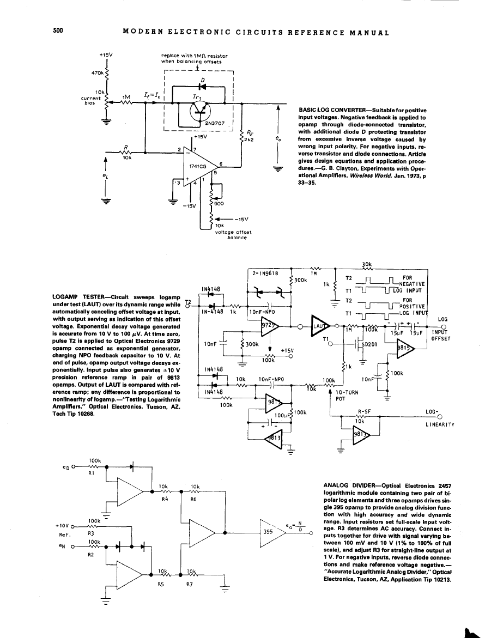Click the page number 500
tap(59, 31)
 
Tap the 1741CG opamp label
tap(197, 166)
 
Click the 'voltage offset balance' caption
tap(233, 235)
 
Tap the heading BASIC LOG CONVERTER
tap(332, 111)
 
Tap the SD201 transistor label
tap(371, 344)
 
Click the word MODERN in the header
tap(143, 32)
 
